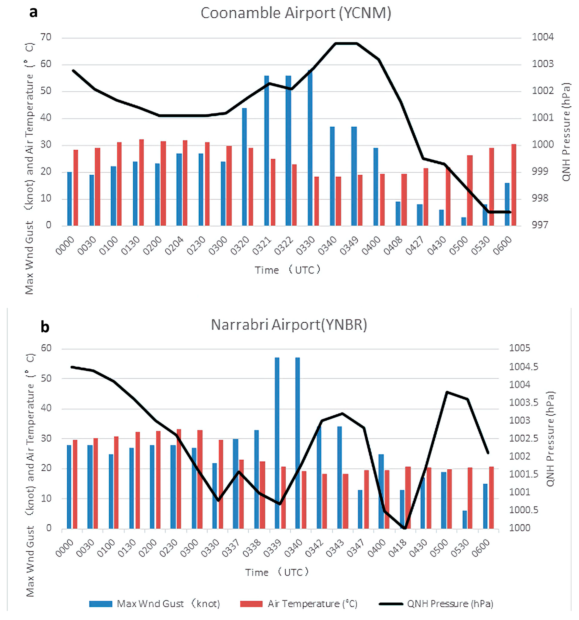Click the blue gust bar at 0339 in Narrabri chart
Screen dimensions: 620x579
pyautogui.click(x=277, y=443)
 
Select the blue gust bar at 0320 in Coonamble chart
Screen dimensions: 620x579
pyautogui.click(x=244, y=167)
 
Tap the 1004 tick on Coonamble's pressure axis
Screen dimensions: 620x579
pyautogui.click(x=542, y=37)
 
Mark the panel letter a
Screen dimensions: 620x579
pyautogui.click(x=33, y=12)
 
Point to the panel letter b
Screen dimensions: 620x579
pyautogui.click(x=45, y=327)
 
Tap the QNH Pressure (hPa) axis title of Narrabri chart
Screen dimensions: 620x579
pyautogui.click(x=550, y=438)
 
